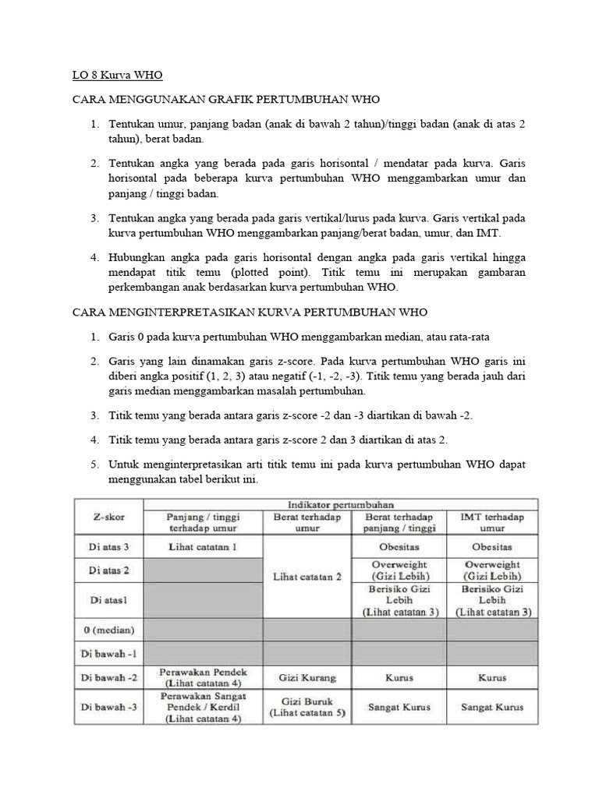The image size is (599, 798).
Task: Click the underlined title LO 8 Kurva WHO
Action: [x=117, y=76]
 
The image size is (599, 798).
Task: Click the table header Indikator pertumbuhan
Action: [x=340, y=505]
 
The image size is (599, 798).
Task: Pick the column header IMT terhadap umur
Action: [x=491, y=522]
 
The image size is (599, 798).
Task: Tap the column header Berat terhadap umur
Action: [x=308, y=522]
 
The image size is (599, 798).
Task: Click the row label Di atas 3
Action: [x=109, y=547]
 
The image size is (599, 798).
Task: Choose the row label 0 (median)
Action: [x=109, y=629]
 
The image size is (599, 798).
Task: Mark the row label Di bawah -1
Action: [x=109, y=653]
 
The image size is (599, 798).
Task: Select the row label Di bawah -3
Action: [x=109, y=707]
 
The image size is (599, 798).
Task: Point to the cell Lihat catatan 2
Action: [x=308, y=577]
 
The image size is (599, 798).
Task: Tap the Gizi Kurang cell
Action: [x=308, y=678]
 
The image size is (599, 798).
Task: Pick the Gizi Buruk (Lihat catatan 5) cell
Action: [x=308, y=707]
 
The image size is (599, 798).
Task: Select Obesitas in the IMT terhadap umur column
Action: [x=491, y=547]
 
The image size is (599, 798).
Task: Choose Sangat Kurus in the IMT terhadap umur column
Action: [x=491, y=707]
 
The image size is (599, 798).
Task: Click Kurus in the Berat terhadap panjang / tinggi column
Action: [x=399, y=678]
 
